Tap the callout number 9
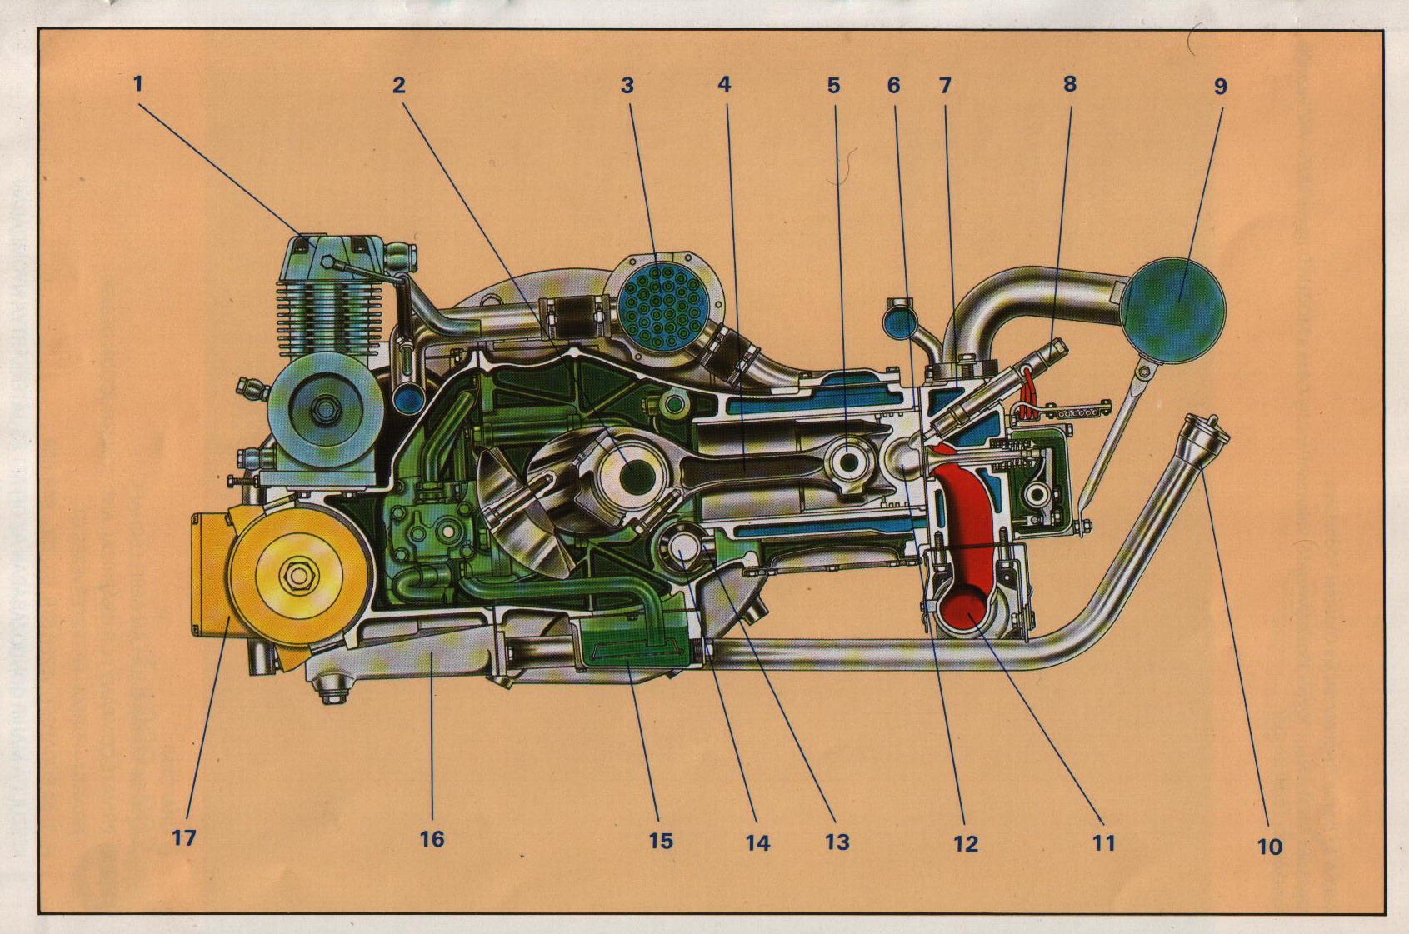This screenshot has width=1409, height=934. coord(1220,86)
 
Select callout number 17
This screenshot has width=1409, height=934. coord(183,837)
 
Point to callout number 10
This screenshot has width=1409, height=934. coord(1268,847)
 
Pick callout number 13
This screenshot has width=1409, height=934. coord(837,842)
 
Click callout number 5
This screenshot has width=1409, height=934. coord(833,85)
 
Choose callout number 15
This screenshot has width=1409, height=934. coord(660,840)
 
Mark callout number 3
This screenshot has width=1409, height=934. coord(627,85)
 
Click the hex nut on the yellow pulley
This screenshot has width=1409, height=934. coord(297,575)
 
